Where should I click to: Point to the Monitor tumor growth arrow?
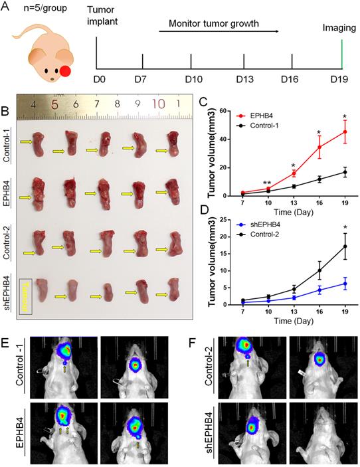click(219, 31)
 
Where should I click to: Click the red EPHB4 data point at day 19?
click(345, 132)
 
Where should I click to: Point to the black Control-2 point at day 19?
click(345, 246)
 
